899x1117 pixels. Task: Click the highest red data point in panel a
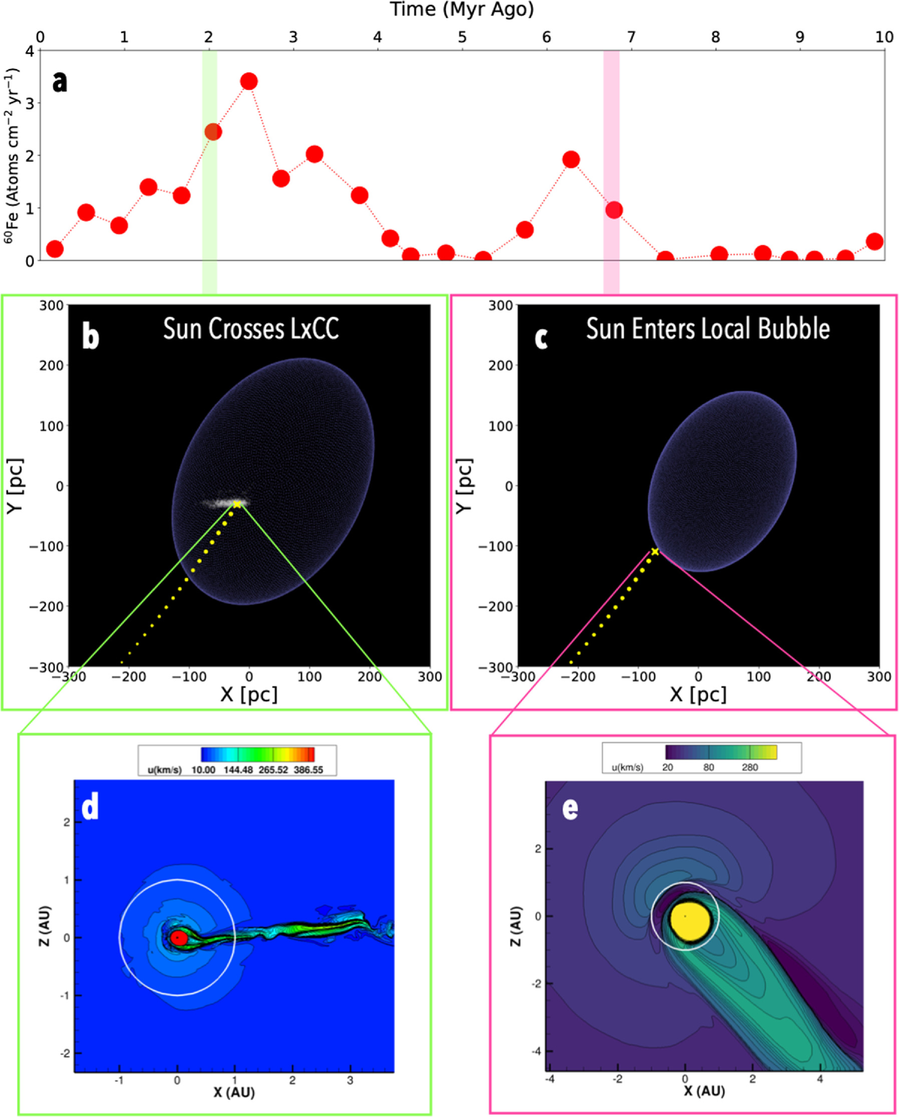[249, 81]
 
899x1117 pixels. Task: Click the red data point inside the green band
[213, 132]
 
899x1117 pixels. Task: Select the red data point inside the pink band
[614, 210]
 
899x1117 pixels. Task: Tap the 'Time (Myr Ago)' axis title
[462, 10]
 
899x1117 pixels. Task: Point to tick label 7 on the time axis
[631, 37]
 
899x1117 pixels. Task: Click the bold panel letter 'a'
[60, 82]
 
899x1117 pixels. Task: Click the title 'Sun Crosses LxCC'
[251, 328]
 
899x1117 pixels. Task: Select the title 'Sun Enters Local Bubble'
[708, 328]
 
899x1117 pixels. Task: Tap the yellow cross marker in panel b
[237, 504]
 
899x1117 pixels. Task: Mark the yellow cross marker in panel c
[655, 551]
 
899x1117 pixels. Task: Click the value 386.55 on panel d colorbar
[309, 770]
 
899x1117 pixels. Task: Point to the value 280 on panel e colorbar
[750, 767]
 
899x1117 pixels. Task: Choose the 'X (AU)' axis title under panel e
[703, 1090]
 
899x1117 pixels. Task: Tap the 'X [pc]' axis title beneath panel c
[698, 695]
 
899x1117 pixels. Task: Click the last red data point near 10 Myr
[874, 242]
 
